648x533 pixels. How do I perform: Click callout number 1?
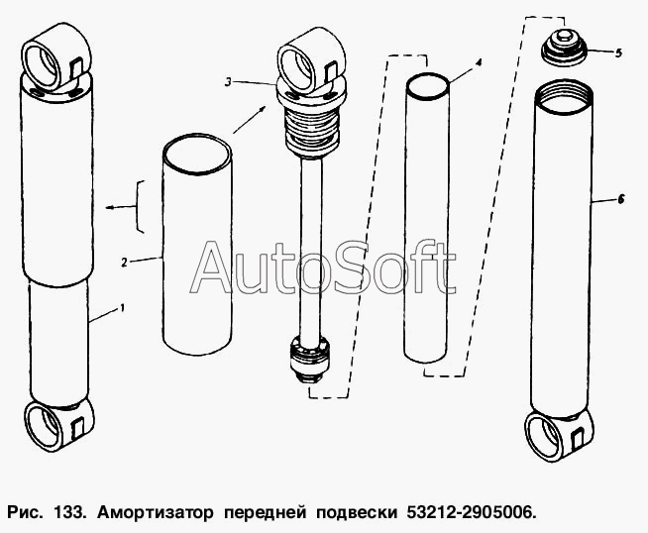[122, 308]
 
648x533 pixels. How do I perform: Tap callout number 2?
[124, 263]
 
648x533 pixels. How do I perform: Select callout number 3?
[228, 82]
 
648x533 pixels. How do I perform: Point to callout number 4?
[479, 62]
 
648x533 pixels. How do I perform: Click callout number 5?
[618, 53]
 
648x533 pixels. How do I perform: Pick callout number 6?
[620, 199]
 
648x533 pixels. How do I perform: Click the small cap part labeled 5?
[564, 48]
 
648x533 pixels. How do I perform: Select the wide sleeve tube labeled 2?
[197, 244]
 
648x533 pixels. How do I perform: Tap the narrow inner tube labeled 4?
[427, 218]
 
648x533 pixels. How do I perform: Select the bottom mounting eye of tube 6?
[559, 436]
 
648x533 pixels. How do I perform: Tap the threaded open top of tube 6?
[563, 96]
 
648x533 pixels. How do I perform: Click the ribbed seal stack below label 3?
[311, 129]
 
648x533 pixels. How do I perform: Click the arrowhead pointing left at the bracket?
[110, 207]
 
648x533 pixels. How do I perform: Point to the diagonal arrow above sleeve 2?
[250, 120]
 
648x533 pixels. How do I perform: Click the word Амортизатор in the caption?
[156, 513]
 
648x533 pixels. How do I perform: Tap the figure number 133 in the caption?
[69, 513]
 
